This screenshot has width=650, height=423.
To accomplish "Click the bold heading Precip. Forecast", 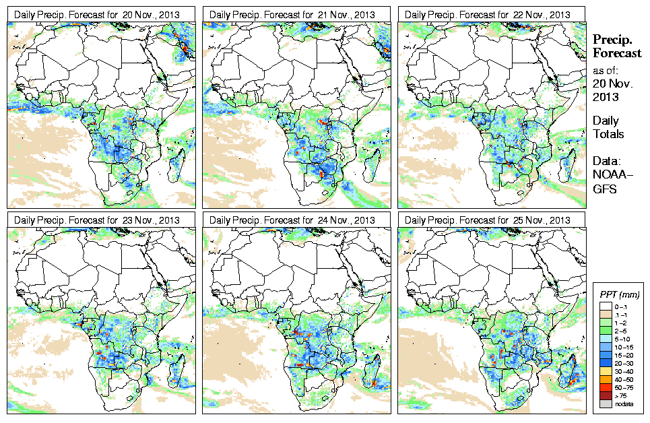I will pyautogui.click(x=616, y=46).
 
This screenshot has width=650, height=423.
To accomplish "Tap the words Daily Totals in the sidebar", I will pyautogui.click(x=608, y=127).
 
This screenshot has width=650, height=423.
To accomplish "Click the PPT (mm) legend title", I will pyautogui.click(x=619, y=294).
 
